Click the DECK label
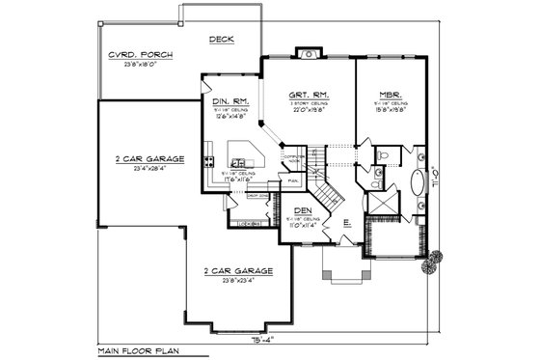click(x=222, y=40)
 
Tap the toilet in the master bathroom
click(x=384, y=154)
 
